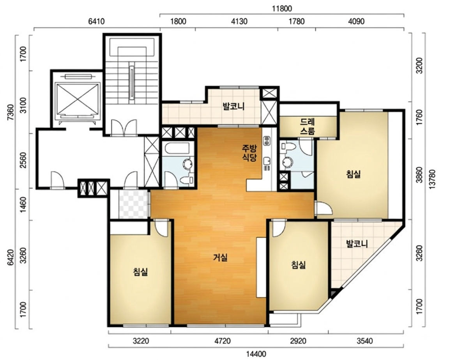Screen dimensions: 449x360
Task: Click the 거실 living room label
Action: pyautogui.click(x=220, y=258)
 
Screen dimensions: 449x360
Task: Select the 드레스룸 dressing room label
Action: pyautogui.click(x=308, y=127)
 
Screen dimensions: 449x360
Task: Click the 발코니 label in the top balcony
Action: pyautogui.click(x=234, y=107)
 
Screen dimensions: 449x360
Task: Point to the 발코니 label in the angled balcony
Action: pyautogui.click(x=357, y=244)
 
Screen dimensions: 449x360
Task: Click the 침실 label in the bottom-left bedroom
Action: pyautogui.click(x=141, y=271)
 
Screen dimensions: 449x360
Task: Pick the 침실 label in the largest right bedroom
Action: pyautogui.click(x=354, y=174)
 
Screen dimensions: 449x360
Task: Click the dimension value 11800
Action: pyautogui.click(x=282, y=9)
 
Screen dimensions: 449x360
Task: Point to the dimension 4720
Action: pyautogui.click(x=223, y=341)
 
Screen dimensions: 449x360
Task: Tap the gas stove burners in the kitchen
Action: pyautogui.click(x=267, y=140)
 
